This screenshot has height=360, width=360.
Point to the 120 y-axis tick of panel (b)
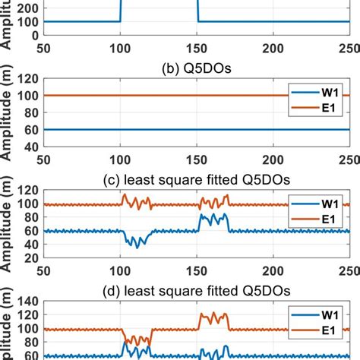(x=28, y=78)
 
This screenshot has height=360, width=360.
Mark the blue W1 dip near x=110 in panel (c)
(x=137, y=245)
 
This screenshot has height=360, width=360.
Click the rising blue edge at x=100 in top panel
(x=120, y=11)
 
